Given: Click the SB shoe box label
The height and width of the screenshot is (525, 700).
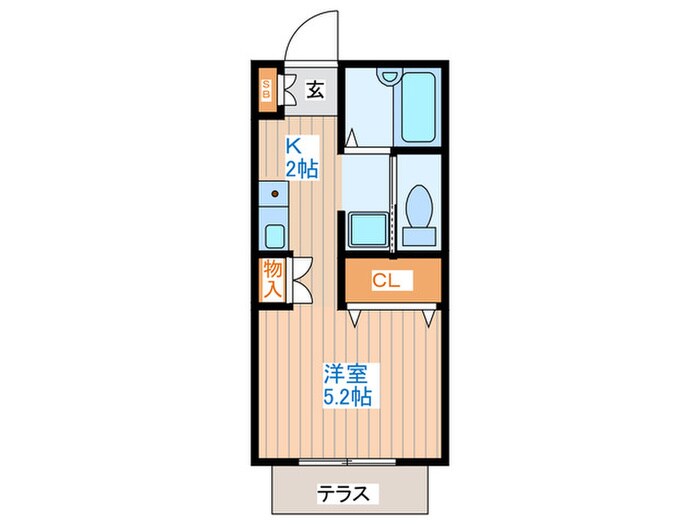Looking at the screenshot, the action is coord(267,89).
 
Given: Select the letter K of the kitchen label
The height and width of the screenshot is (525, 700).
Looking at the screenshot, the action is coord(293,146).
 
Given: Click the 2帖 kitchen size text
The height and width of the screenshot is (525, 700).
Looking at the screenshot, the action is coord(302,169).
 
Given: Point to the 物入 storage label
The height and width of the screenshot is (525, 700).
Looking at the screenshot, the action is coord(272,279).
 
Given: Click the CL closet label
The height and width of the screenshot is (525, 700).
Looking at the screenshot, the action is coord(386,280).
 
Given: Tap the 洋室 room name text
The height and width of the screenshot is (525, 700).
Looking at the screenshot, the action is coord(346,374).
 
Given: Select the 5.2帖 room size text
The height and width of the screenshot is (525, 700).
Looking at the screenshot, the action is coord(347,396).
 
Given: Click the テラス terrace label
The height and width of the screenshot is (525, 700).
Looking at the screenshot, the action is coord(344,494).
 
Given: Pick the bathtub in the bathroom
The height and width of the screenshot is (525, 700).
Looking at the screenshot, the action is coord(418,107).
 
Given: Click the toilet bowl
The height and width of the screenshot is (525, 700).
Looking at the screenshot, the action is coord(419,206).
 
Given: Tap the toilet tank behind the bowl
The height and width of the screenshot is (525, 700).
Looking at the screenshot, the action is coord(419,236).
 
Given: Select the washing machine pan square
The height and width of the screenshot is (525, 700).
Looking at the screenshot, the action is coord(368,229).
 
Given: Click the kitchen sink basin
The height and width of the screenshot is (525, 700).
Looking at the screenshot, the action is coord(275,236).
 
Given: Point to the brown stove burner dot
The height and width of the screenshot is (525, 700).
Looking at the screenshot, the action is coord(275,194).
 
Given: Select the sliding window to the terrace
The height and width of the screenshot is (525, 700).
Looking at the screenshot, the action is coord(347,462).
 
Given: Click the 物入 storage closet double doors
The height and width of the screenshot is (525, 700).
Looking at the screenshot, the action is coord(301,280).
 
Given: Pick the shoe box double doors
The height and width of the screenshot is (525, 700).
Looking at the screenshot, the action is coord(286,90).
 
